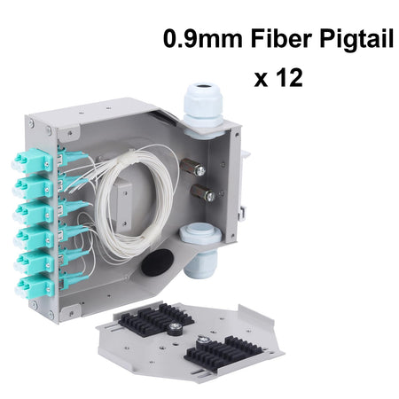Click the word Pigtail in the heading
pyautogui.click(x=356, y=40)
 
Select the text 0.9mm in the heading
pyautogui.click(x=203, y=38)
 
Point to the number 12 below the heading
pyautogui.click(x=289, y=77)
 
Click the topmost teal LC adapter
pyautogui.click(x=32, y=160)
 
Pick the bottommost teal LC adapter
pyautogui.click(x=35, y=286)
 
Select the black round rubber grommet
pyautogui.click(x=157, y=262)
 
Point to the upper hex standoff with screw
pyautogui.click(x=192, y=168)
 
